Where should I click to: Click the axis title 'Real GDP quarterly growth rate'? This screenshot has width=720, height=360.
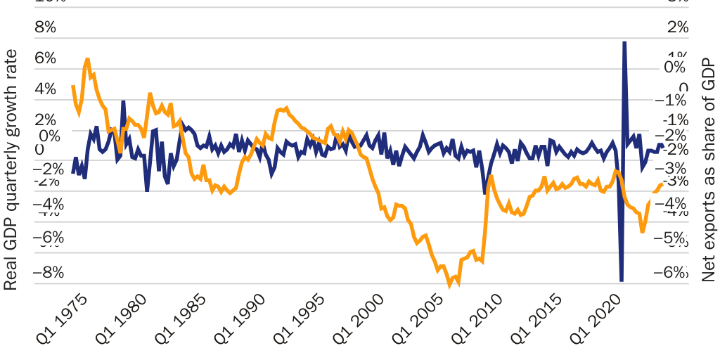[11, 169]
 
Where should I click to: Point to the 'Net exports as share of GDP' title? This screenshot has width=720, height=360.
[708, 169]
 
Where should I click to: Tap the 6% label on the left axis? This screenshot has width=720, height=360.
[44, 58]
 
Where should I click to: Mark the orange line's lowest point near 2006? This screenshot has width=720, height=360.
[450, 284]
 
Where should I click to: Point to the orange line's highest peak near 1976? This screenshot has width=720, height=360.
[87, 60]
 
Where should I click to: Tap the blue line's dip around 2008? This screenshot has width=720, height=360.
[484, 192]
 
